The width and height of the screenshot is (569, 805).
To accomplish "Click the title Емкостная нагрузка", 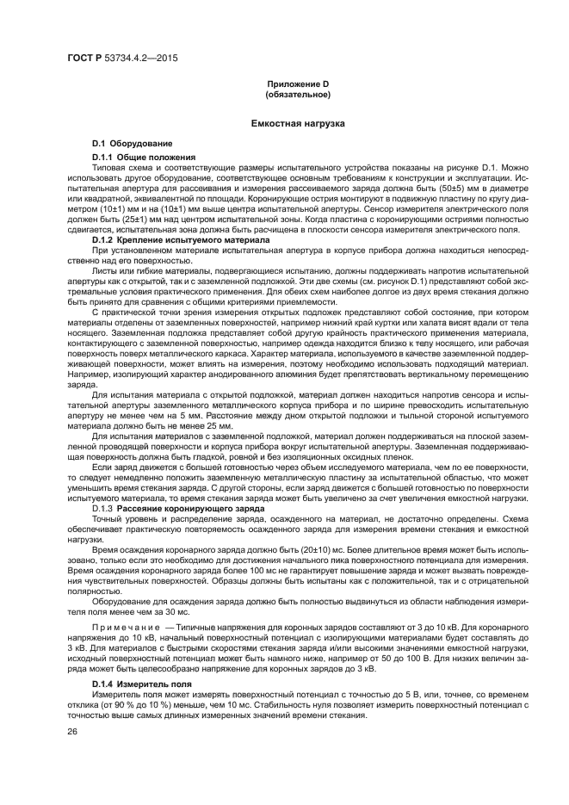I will pos(297,124).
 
